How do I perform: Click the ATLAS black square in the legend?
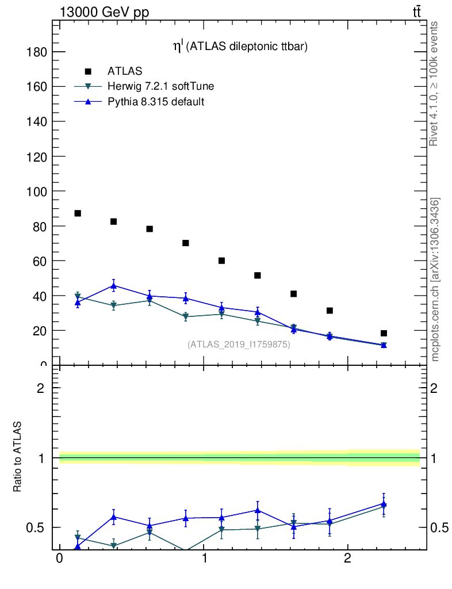(x=88, y=71)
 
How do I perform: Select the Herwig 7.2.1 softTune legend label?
(x=161, y=86)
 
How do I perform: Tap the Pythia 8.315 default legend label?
(x=156, y=102)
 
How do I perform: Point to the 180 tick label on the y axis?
(x=36, y=52)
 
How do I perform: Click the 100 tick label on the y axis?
(x=36, y=191)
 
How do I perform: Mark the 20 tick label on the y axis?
(x=39, y=331)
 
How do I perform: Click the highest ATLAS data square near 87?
(x=78, y=213)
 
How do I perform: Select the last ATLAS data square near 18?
(x=384, y=333)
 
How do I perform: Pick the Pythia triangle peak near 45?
(x=114, y=285)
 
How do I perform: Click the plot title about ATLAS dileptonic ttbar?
(x=241, y=47)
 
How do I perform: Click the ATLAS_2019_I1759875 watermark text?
(x=239, y=345)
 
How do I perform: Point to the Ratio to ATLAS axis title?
(x=18, y=457)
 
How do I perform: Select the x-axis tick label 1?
(x=204, y=559)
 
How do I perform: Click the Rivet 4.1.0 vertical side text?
(x=434, y=83)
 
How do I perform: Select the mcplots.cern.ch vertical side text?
(x=435, y=279)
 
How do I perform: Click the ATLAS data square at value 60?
(x=221, y=261)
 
